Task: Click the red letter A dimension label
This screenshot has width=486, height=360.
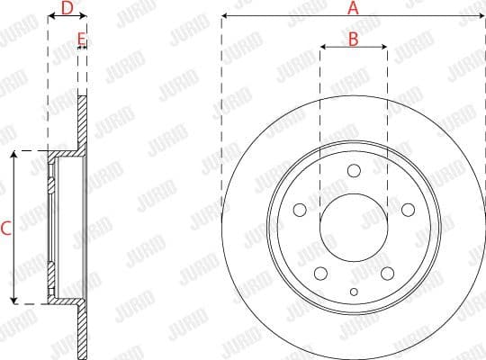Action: pyautogui.click(x=353, y=7)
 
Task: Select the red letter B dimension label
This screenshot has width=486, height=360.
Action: pyautogui.click(x=353, y=38)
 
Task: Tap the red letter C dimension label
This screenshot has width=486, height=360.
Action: pyautogui.click(x=5, y=229)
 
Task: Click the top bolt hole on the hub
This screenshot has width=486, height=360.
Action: pyautogui.click(x=354, y=171)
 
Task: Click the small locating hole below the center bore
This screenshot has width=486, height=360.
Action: pyautogui.click(x=354, y=291)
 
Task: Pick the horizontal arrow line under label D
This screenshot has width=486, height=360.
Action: pyautogui.click(x=66, y=19)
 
